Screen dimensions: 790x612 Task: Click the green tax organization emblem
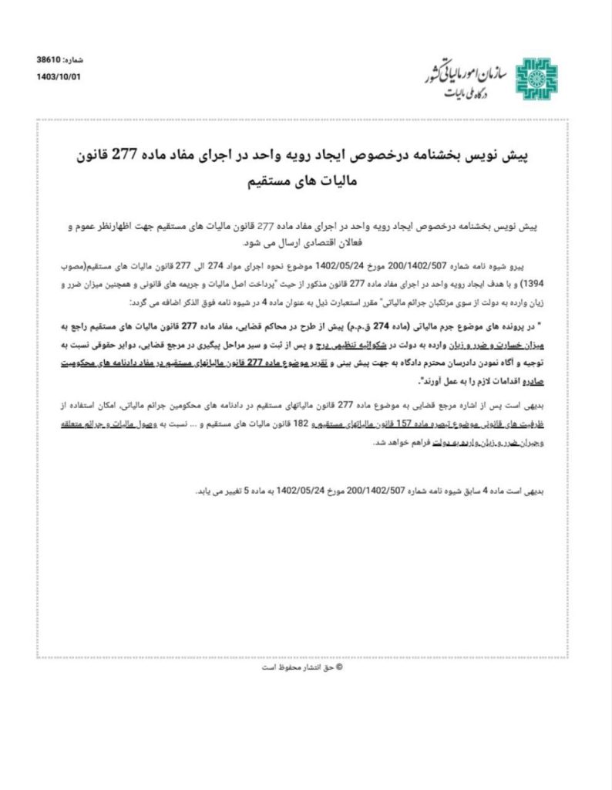(533, 78)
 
